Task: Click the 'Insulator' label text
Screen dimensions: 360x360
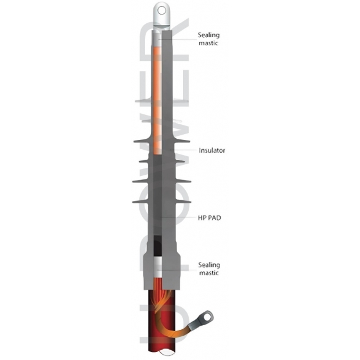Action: (x=211, y=150)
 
